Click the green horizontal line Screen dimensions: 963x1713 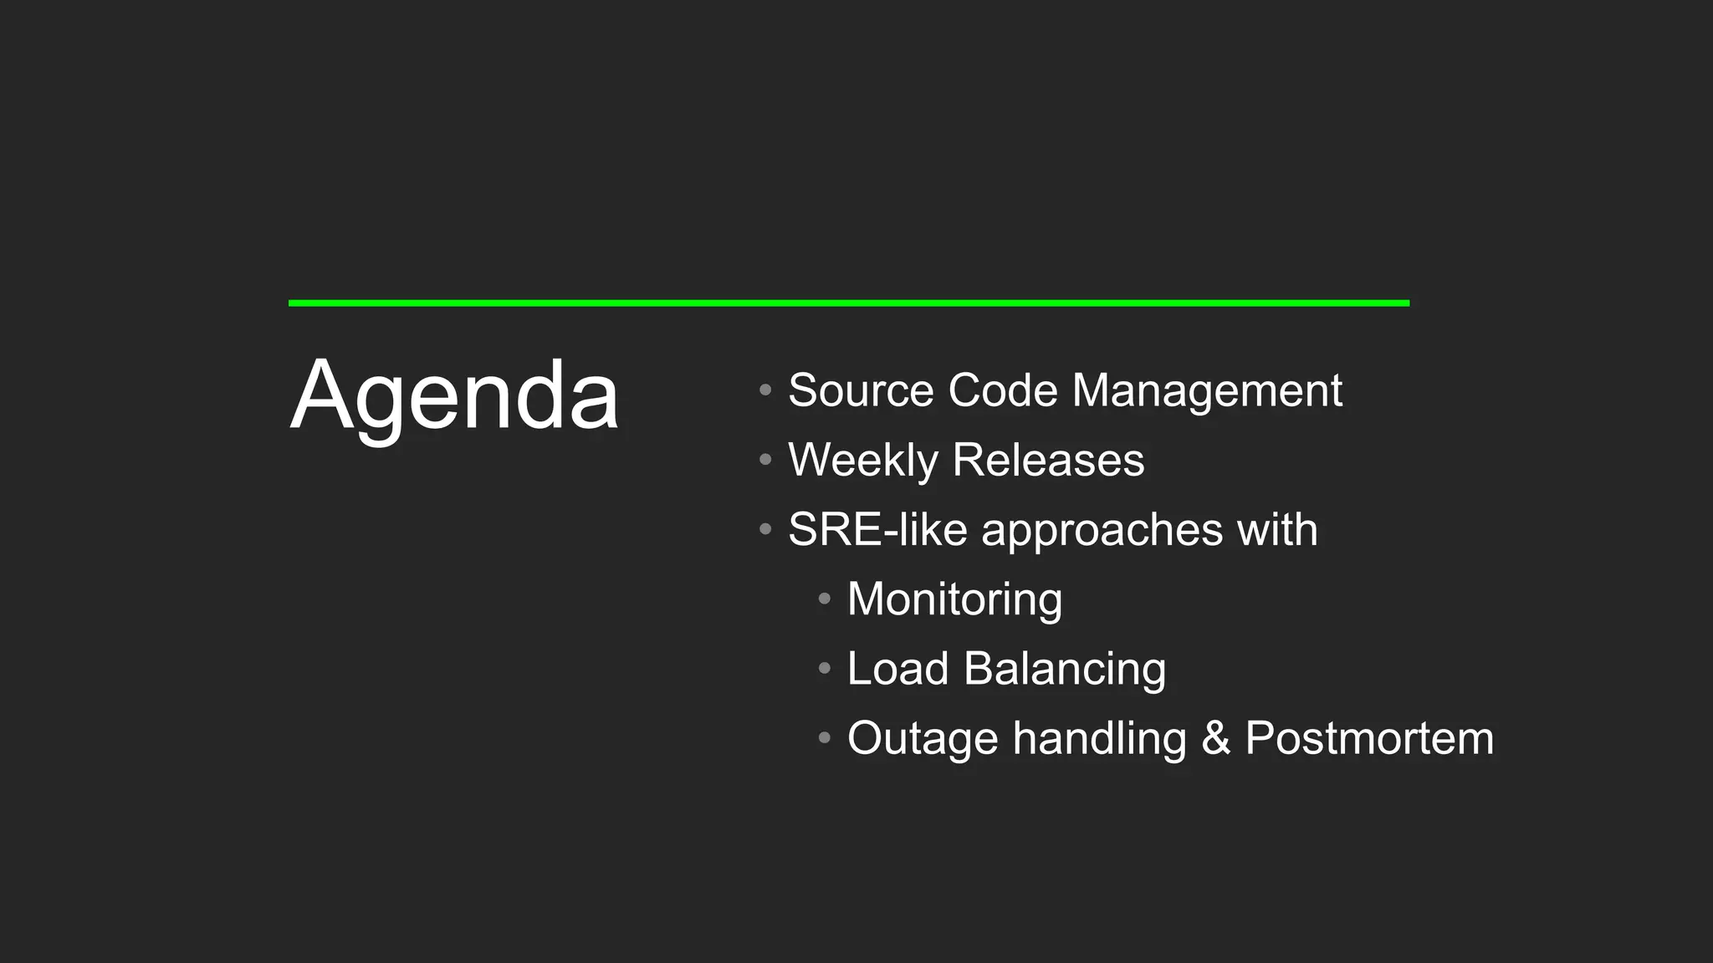click(848, 303)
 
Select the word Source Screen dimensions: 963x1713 click(861, 390)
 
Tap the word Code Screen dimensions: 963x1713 click(1003, 390)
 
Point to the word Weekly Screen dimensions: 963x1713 click(863, 461)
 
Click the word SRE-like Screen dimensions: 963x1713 click(877, 529)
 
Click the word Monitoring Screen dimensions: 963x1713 click(954, 600)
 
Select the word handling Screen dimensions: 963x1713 click(1100, 740)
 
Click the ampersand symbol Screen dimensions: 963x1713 click(1216, 738)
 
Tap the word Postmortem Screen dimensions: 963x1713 click(1369, 738)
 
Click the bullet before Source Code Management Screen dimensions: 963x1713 click(765, 390)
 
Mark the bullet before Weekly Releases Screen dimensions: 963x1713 click(765, 460)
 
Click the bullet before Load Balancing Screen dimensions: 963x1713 click(825, 669)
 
